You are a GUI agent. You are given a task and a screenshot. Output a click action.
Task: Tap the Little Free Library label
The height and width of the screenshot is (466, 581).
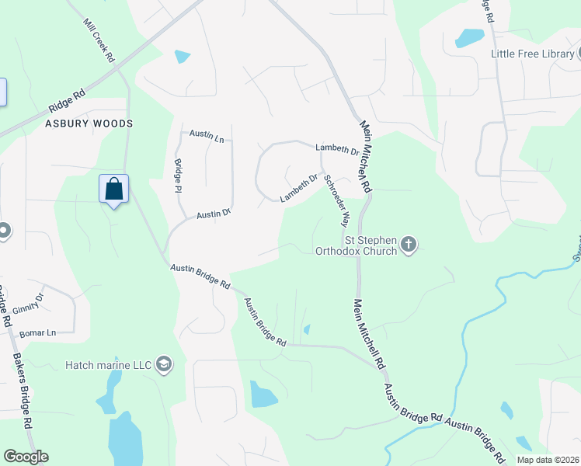(532, 54)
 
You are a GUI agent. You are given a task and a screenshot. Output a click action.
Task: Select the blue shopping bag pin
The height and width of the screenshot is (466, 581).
(113, 190)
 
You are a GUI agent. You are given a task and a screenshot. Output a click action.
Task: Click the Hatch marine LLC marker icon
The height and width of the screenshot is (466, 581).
(163, 363)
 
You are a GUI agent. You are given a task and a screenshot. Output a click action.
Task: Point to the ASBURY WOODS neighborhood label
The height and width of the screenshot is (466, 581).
(89, 123)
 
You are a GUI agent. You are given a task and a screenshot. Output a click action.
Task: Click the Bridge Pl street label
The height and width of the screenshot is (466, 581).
(178, 176)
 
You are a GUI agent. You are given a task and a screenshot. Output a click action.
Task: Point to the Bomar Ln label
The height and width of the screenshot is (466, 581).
(40, 333)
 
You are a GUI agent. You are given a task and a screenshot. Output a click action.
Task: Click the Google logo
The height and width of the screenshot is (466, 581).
(26, 457)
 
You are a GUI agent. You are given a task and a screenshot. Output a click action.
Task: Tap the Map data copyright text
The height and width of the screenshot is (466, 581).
(547, 460)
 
